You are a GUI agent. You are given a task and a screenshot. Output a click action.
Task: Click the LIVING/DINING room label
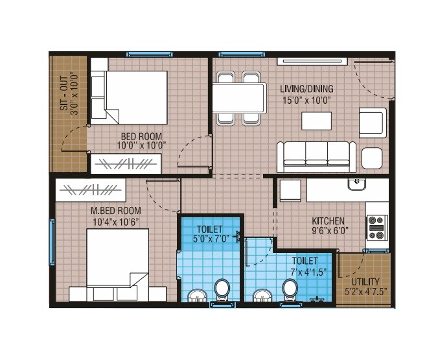click(306, 89)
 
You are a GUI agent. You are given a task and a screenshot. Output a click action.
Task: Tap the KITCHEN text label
click(328, 221)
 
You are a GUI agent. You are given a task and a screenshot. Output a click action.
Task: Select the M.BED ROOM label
click(116, 211)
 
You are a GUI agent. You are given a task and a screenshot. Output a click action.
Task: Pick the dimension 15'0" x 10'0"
click(306, 100)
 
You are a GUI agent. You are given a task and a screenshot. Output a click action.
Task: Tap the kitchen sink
click(356, 185)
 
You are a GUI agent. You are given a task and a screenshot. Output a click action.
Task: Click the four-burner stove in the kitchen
click(376, 228)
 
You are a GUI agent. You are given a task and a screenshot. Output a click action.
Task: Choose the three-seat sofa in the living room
click(316, 156)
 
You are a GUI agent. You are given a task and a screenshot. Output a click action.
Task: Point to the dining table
click(239, 98)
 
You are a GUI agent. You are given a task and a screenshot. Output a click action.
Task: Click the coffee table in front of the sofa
click(316, 122)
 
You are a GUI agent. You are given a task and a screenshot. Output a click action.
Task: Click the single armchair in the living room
click(373, 123)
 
